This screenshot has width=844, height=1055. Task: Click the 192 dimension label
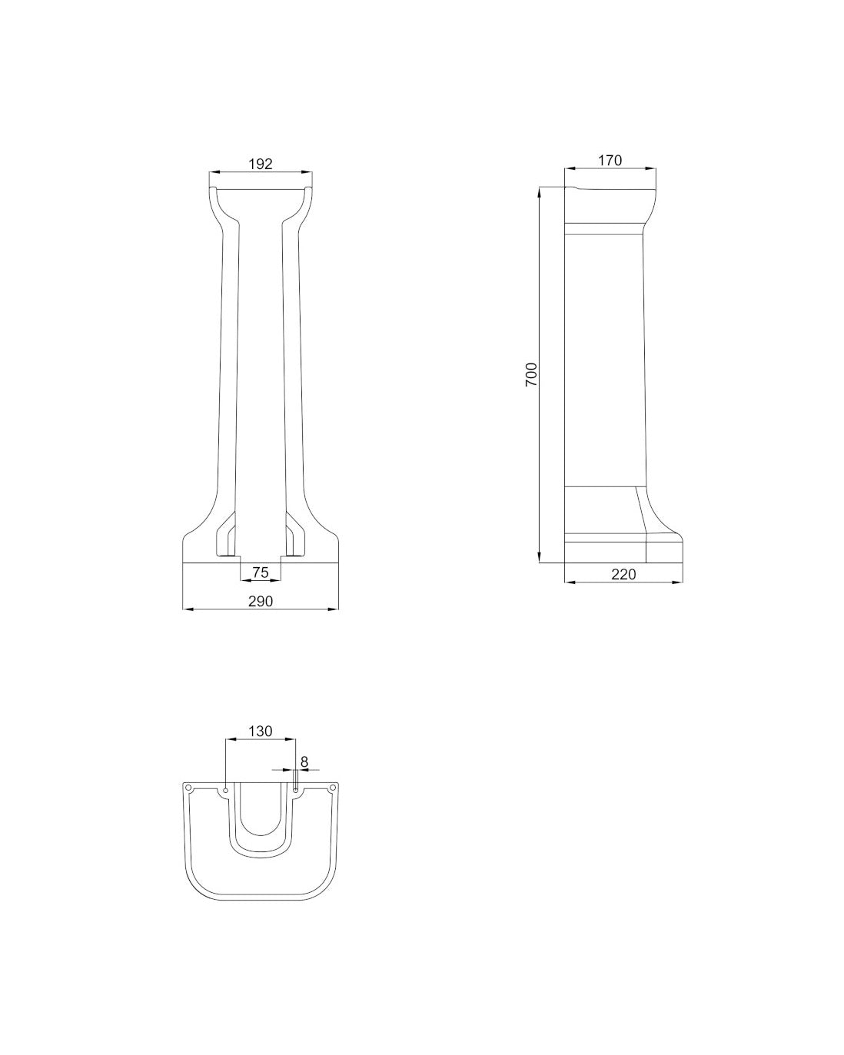coord(261,164)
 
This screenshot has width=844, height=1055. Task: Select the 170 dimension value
coord(610,160)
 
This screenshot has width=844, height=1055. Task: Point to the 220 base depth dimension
coord(623,574)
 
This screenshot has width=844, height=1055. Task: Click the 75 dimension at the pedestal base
coord(261,572)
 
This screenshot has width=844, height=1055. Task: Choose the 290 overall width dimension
coord(261,601)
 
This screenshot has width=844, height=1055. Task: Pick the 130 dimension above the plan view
coord(260,731)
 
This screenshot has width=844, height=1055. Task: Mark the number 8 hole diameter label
coord(304,761)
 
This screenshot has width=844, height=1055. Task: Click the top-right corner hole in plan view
coord(332,788)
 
